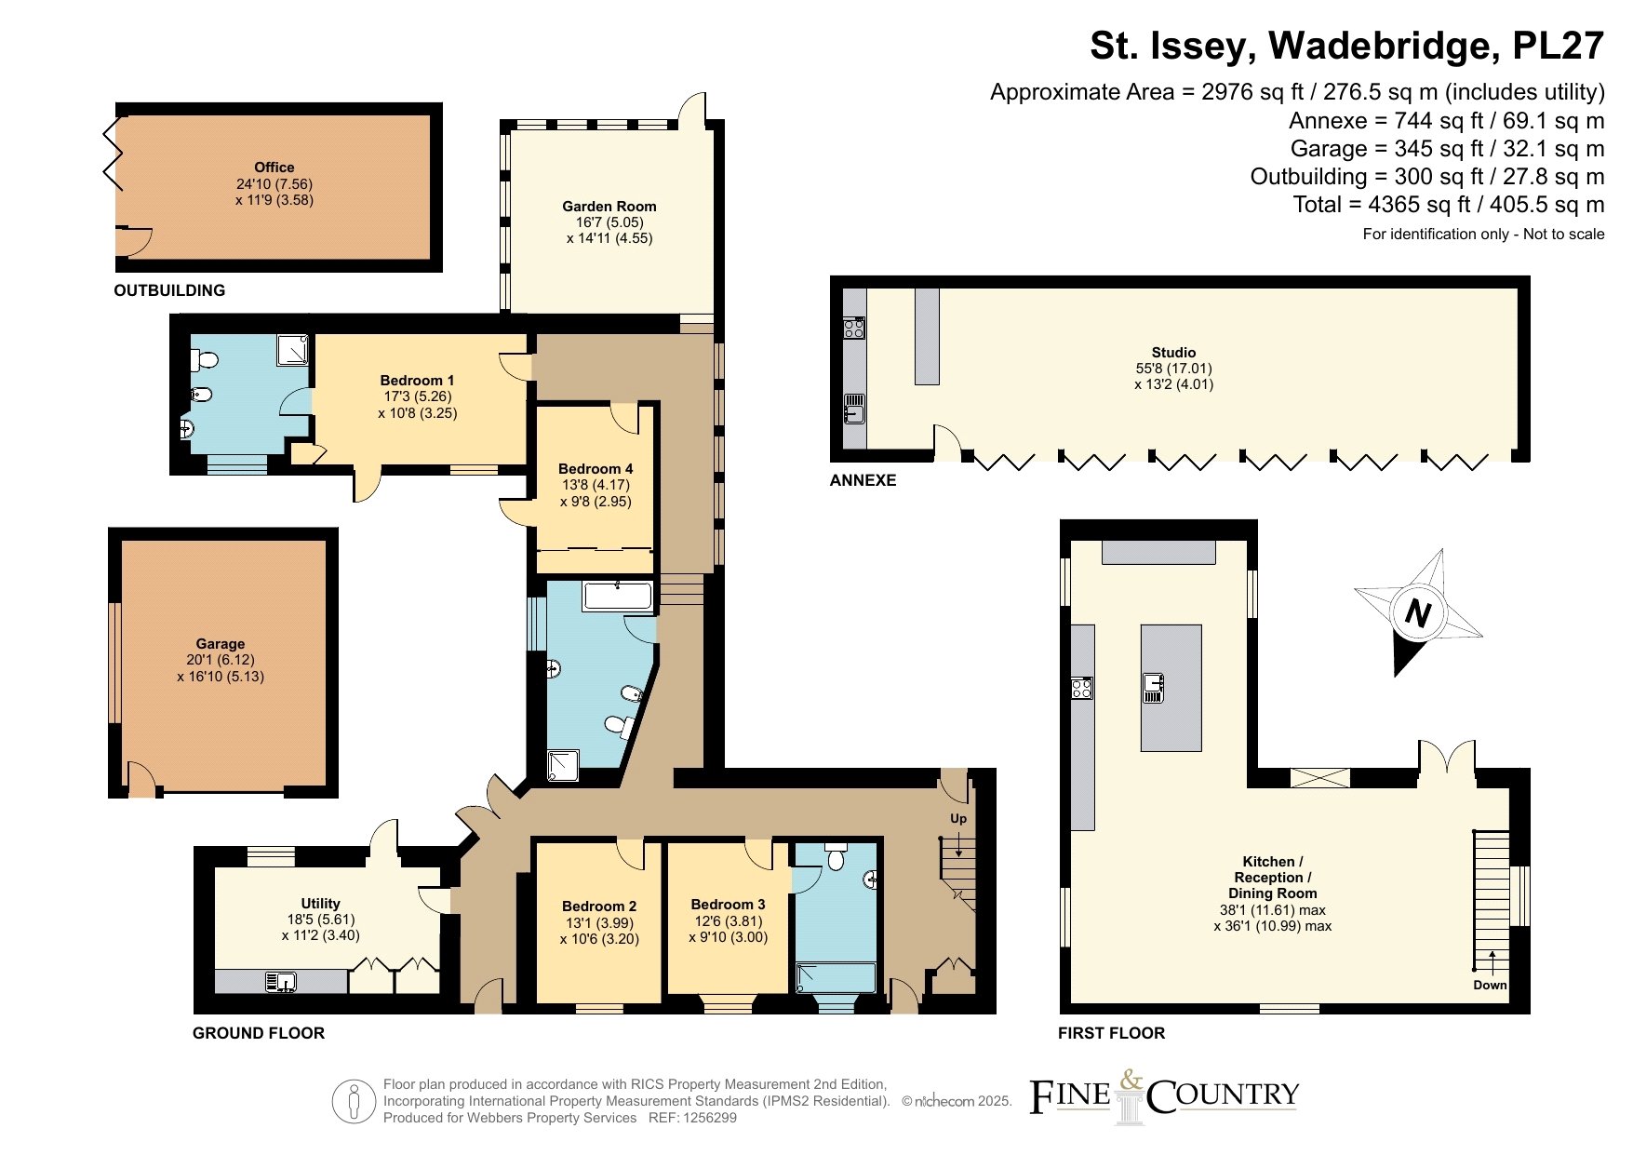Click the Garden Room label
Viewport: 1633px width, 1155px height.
[609, 207]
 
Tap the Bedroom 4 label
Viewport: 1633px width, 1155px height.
[596, 469]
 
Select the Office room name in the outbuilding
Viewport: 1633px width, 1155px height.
[274, 168]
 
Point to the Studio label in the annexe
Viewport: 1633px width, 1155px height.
[1173, 353]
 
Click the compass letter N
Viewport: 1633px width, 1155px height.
[1417, 613]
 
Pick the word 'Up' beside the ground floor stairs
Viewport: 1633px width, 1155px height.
[958, 819]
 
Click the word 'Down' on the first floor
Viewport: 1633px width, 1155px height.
[1490, 985]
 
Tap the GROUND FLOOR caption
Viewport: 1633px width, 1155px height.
[259, 1033]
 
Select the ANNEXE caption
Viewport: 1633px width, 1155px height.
[863, 480]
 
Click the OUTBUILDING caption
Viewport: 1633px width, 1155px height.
[169, 290]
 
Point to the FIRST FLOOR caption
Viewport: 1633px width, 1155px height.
[1112, 1033]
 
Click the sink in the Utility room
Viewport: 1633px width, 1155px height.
[280, 981]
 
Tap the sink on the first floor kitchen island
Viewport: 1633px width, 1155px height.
[1154, 688]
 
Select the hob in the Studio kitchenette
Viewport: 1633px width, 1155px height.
[854, 328]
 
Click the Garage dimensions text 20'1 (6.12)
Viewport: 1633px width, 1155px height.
[221, 660]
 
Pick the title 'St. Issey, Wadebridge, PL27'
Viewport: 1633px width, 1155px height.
[1347, 46]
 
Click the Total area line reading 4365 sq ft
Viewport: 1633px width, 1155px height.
[1449, 205]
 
